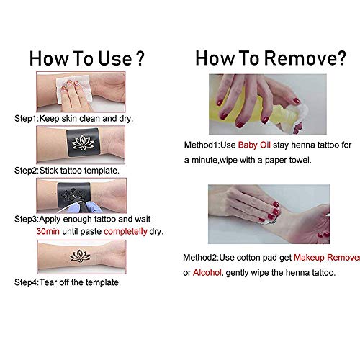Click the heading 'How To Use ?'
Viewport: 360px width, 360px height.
86,58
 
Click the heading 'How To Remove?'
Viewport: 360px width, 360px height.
271,58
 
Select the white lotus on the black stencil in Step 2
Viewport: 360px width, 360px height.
83,143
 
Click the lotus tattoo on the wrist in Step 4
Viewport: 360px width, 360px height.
80,256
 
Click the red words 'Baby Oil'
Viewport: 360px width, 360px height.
254,145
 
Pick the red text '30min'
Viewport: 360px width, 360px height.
48,231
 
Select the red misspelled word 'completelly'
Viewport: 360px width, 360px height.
125,232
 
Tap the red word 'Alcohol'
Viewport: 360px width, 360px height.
207,273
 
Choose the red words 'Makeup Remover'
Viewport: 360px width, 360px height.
327,258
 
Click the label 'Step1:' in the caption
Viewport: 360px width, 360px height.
27,119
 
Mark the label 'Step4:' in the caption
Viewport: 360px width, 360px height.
27,282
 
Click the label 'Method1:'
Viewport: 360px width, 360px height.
202,145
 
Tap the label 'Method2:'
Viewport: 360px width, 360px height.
201,258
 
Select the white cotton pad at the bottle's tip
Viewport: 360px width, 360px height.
300,117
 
